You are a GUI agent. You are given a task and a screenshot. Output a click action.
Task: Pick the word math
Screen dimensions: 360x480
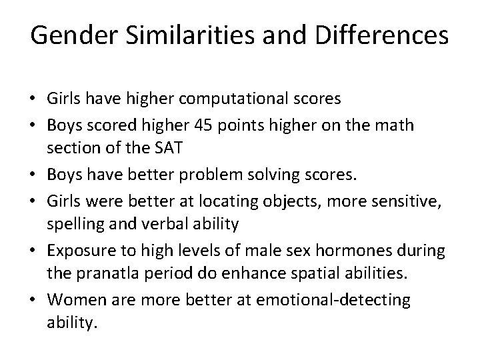point(412,124)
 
